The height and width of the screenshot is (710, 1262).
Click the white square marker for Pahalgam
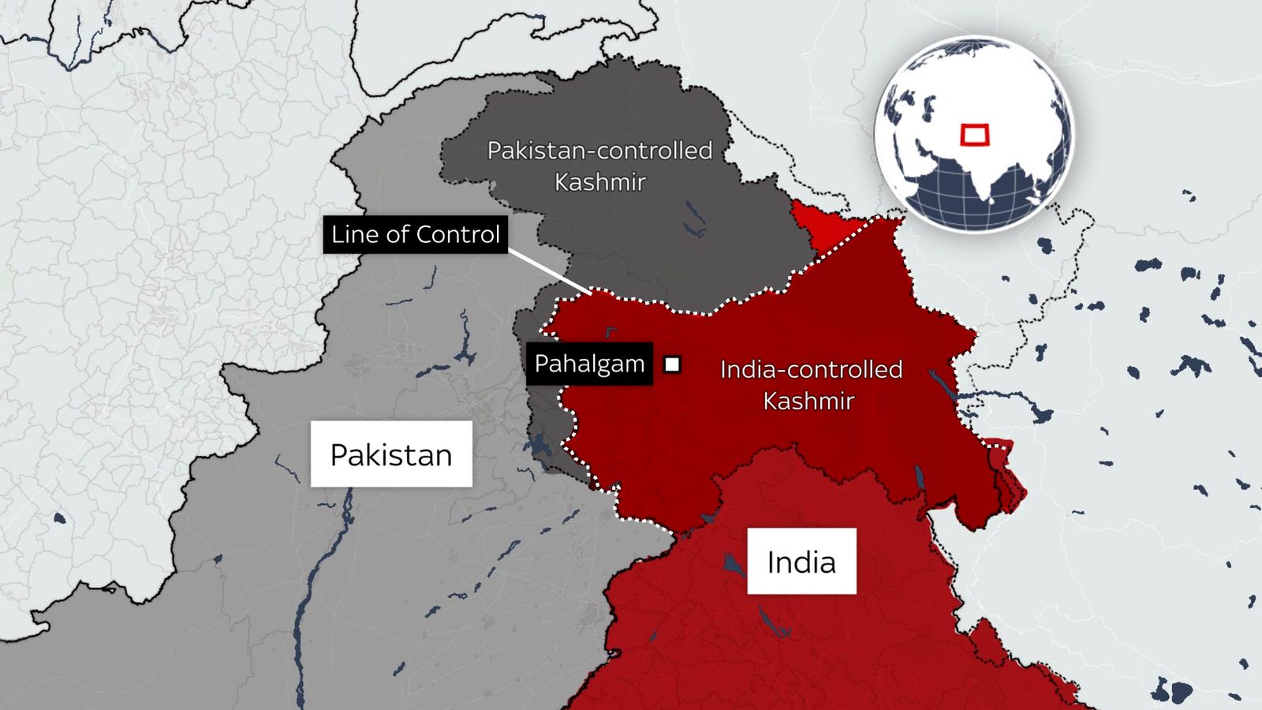tap(672, 364)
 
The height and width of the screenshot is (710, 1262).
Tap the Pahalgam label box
tap(589, 364)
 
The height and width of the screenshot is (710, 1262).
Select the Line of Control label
tap(415, 234)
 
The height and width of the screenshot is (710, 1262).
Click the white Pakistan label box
tap(391, 454)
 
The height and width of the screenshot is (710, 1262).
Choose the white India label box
tap(801, 561)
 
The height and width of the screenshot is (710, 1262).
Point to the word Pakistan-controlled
tap(599, 150)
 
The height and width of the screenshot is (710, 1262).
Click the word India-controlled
tap(811, 369)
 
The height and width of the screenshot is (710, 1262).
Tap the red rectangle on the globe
tap(975, 135)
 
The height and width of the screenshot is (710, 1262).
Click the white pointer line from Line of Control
tap(549, 271)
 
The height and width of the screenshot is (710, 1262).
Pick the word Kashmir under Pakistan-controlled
tap(599, 182)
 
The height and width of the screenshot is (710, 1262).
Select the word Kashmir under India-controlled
tap(808, 401)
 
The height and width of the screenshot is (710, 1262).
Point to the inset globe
tap(974, 134)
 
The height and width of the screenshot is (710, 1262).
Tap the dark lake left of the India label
tap(734, 563)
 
